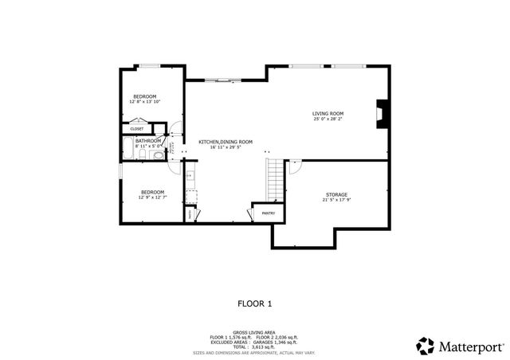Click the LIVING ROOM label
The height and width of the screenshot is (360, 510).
[x=328, y=114]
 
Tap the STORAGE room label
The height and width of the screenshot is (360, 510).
[x=336, y=194]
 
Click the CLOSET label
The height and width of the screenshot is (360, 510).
[x=137, y=128]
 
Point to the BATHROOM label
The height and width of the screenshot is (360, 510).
[x=148, y=141]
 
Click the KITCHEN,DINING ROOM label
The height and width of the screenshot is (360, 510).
[x=226, y=142]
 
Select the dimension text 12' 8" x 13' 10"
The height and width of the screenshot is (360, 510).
[x=144, y=102]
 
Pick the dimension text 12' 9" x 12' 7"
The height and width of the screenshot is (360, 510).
[x=152, y=197]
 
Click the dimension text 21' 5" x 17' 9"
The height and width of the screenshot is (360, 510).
[x=336, y=200]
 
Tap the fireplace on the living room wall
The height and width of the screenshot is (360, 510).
[x=382, y=114]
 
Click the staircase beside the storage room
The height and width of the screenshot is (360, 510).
[x=275, y=180]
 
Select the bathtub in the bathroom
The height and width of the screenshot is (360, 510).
[x=127, y=149]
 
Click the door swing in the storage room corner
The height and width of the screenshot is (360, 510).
[x=292, y=166]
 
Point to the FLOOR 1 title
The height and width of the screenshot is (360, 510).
[x=255, y=303]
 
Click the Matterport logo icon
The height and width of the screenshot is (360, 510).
[x=425, y=346]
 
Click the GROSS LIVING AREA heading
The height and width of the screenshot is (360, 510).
[x=254, y=332]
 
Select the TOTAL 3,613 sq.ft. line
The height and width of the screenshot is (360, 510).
[x=254, y=346]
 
